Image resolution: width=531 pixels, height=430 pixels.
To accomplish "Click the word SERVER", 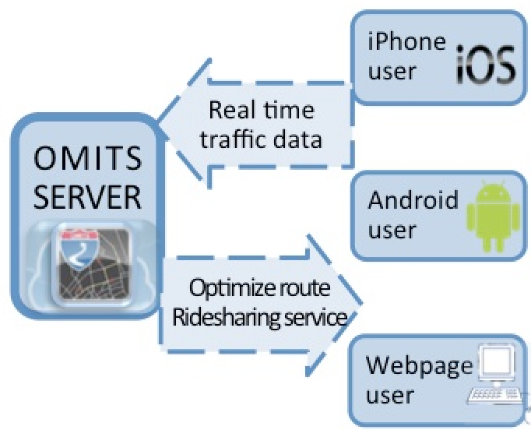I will pos(88,196).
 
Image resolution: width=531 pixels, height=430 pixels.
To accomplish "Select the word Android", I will pos(413,200).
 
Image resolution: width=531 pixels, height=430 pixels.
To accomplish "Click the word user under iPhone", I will pos(392,72).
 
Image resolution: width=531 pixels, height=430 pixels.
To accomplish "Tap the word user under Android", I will pos(392,231).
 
